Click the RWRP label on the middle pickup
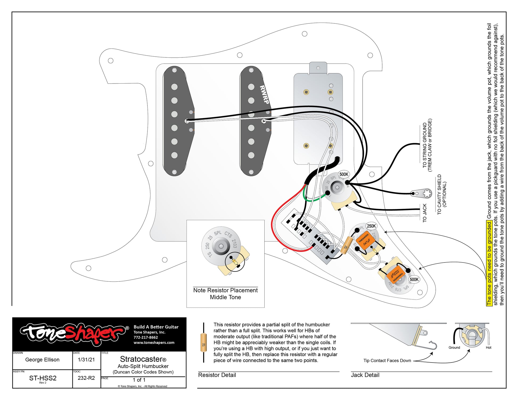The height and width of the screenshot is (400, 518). (264, 95)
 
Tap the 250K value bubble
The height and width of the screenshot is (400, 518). (371, 226)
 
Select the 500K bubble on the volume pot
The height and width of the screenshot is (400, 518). (344, 174)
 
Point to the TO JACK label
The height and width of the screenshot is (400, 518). (425, 213)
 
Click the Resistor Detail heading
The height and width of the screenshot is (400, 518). (217, 375)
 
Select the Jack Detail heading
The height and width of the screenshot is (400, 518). (365, 375)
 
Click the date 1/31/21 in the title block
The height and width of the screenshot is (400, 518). (86, 360)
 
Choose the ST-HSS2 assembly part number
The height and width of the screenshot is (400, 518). (43, 378)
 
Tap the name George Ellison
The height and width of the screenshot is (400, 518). (42, 360)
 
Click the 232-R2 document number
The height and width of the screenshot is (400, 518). (86, 378)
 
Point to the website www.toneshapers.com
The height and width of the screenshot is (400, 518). (154, 343)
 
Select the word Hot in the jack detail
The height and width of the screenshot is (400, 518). (488, 348)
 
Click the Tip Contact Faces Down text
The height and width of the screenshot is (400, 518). (387, 361)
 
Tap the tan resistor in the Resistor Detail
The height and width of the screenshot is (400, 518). (204, 343)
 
